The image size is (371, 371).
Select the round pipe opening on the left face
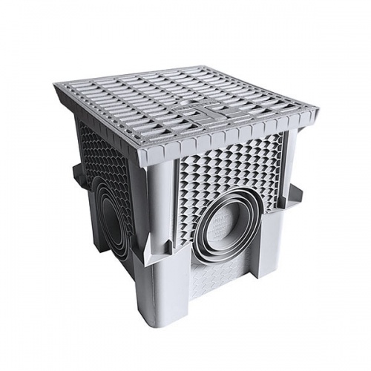coord(111,214)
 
